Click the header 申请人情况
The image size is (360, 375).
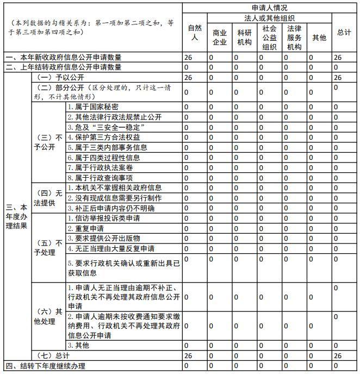270,8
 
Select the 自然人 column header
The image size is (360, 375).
195,33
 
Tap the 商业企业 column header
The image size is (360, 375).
220,37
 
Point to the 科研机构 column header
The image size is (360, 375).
245,37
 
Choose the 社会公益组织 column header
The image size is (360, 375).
269,37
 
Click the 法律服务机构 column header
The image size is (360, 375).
294,37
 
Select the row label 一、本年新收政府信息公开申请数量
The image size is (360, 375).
63,57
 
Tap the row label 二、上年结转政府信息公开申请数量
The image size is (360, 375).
63,67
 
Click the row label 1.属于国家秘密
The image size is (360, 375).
93,107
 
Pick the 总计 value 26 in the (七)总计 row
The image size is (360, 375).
338,355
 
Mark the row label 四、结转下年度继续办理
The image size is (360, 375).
46,366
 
